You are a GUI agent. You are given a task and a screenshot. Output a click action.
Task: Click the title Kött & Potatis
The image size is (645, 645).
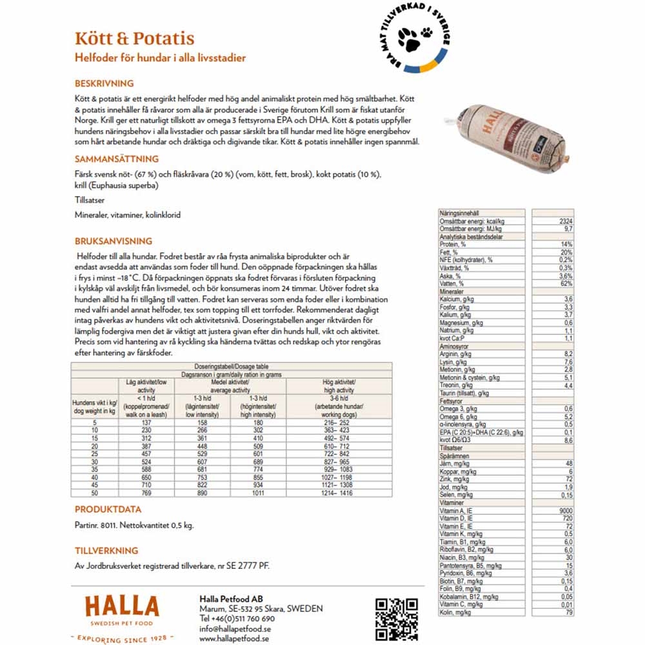coord(134,39)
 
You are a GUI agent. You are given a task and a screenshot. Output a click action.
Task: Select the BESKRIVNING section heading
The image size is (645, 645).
coord(104,84)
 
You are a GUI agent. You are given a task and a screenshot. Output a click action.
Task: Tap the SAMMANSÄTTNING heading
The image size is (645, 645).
coord(116,159)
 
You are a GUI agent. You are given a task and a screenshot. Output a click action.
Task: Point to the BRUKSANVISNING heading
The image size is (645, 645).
coord(113,241)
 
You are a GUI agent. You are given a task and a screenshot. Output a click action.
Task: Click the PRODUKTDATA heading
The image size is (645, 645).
coord(108,510)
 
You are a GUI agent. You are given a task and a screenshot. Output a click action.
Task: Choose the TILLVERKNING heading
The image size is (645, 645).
coord(106,551)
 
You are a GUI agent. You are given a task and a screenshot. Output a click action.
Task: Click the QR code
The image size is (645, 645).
coord(397,619)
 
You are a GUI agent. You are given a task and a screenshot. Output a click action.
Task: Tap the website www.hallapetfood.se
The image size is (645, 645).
coord(234,639)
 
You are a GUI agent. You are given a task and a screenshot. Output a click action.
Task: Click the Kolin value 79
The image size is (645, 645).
coord(568,612)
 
